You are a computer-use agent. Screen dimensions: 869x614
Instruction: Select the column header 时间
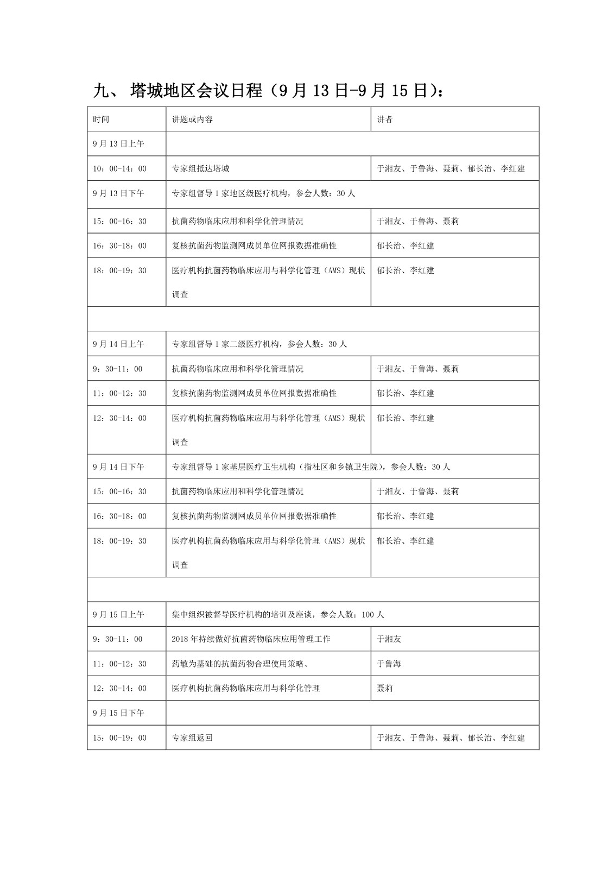pyautogui.click(x=101, y=119)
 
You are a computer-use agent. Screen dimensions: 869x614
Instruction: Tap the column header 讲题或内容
pyautogui.click(x=192, y=119)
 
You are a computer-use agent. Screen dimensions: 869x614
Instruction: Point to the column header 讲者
pyautogui.click(x=384, y=119)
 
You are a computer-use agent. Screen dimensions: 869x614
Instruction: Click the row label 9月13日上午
pyautogui.click(x=118, y=144)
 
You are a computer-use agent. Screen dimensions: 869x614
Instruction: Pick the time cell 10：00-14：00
pyautogui.click(x=119, y=169)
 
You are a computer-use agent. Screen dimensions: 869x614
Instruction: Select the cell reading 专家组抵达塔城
pyautogui.click(x=201, y=169)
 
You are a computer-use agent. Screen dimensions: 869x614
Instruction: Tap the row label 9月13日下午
pyautogui.click(x=118, y=193)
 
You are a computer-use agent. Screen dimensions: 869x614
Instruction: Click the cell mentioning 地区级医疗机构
pyautogui.click(x=263, y=193)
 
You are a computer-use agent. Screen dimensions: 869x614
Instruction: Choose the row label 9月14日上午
pyautogui.click(x=118, y=344)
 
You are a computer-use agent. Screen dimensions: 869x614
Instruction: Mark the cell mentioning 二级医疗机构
pyautogui.click(x=259, y=344)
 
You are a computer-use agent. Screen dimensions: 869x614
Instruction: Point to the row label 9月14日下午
pyautogui.click(x=118, y=467)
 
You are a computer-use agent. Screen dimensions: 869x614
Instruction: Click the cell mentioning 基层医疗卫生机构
pyautogui.click(x=311, y=467)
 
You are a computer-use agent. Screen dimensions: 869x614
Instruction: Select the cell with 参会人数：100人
pyautogui.click(x=278, y=615)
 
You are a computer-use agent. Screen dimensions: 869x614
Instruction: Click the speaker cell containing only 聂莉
pyautogui.click(x=384, y=688)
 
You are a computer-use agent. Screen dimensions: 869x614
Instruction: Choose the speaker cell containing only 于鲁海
pyautogui.click(x=389, y=664)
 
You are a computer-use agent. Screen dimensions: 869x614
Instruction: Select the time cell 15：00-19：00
pyautogui.click(x=119, y=738)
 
